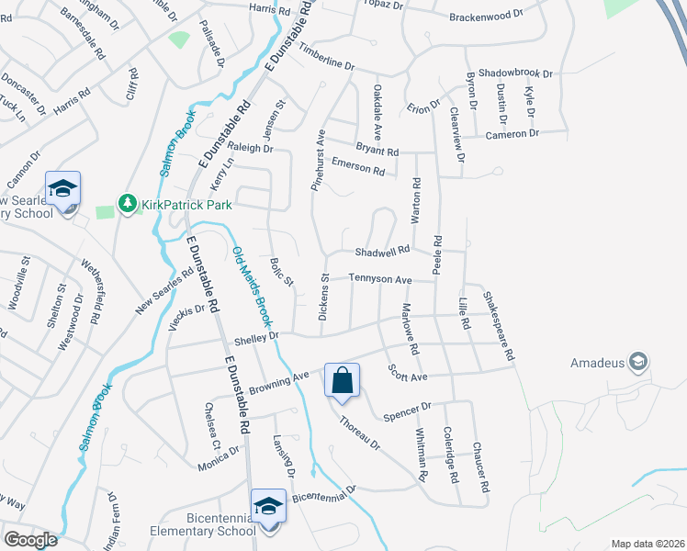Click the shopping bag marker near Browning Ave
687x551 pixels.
click(x=342, y=380)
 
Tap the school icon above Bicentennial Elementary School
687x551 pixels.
click(x=268, y=505)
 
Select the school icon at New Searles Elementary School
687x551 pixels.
click(x=62, y=190)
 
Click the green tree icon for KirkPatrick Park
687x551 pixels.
click(x=127, y=203)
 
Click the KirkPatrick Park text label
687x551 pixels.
click(x=186, y=204)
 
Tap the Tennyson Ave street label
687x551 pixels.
click(x=378, y=278)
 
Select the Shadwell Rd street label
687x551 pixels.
click(x=382, y=252)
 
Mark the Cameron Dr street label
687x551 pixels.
click(x=513, y=134)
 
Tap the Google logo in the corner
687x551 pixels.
click(x=30, y=540)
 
